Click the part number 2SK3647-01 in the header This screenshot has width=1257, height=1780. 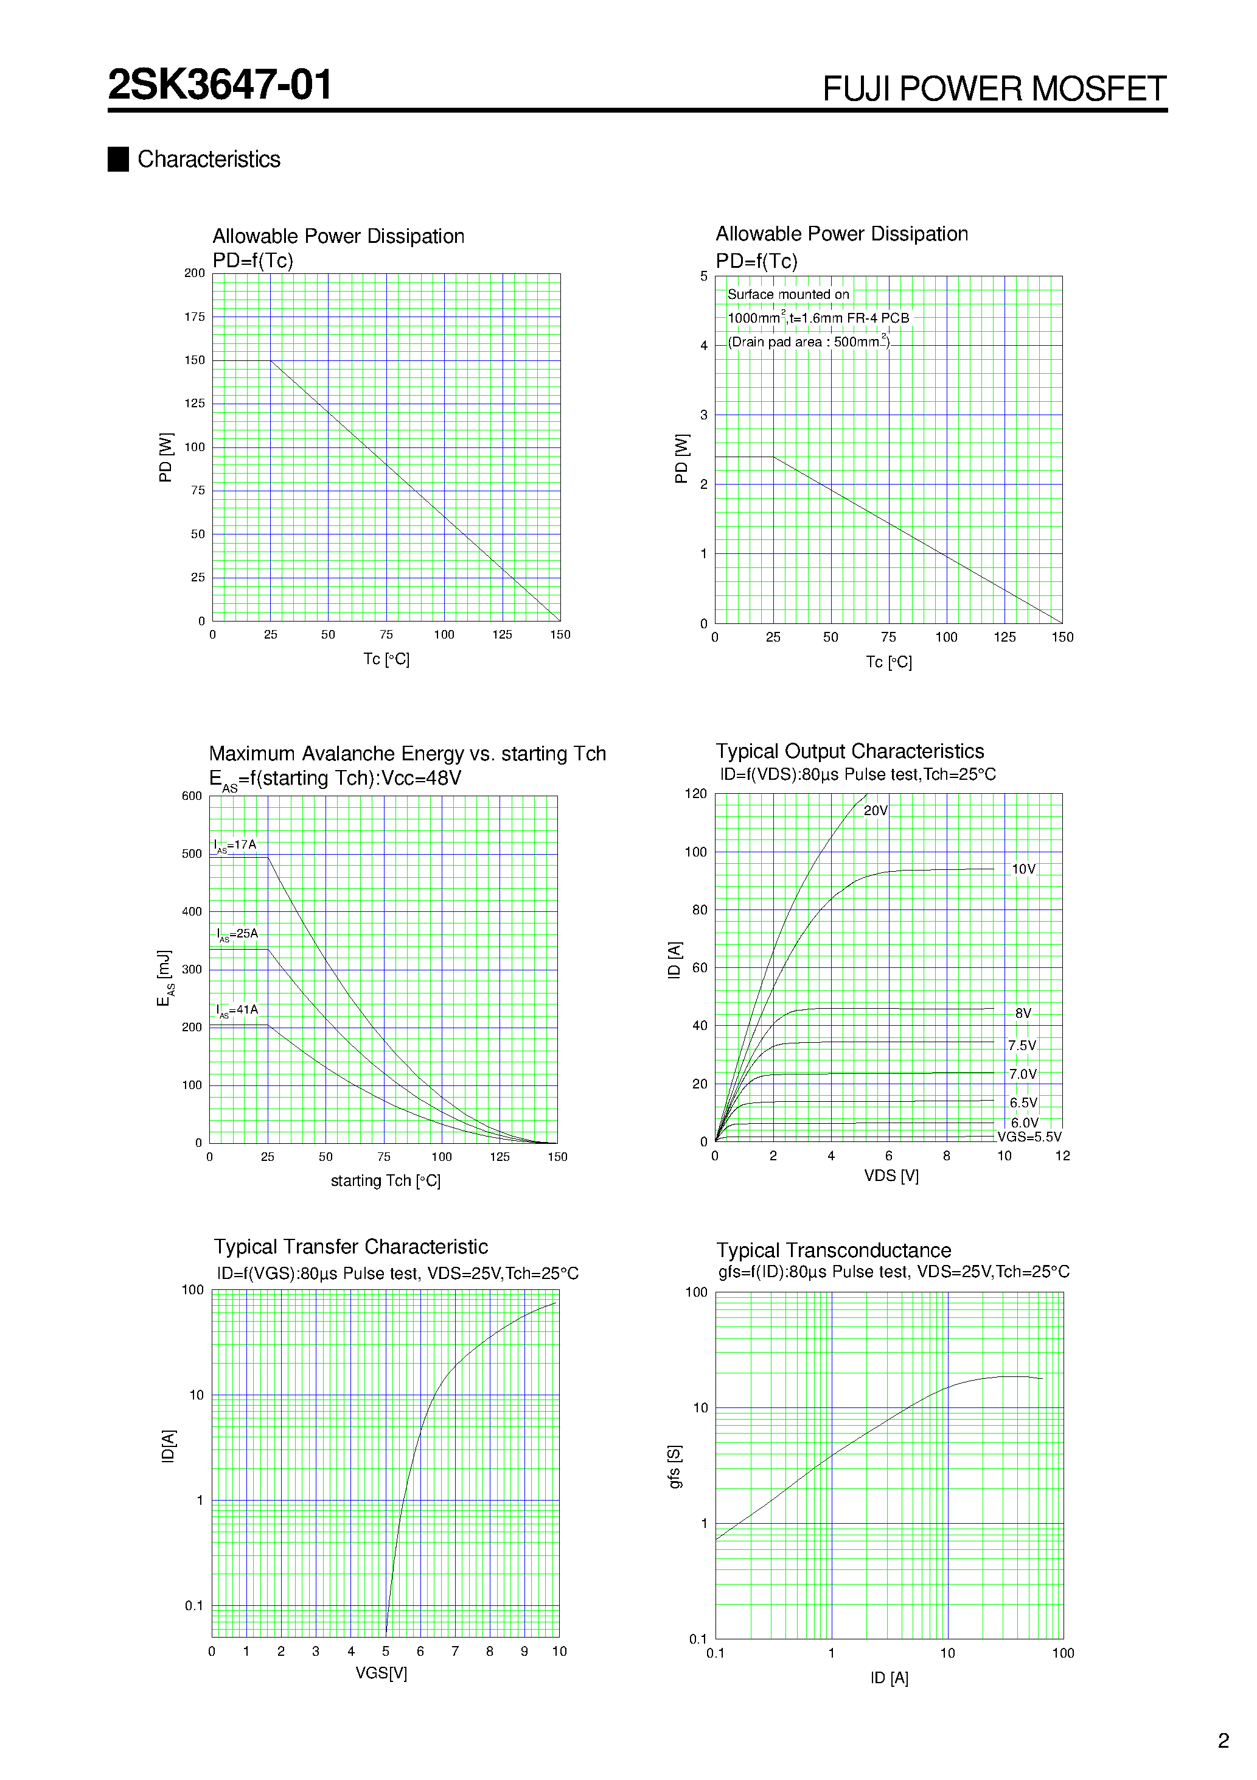[220, 85]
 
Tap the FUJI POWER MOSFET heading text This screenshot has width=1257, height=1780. [994, 89]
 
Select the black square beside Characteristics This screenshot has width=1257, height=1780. [118, 159]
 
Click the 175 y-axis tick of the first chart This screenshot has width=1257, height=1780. [195, 317]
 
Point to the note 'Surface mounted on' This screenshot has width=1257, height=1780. [787, 295]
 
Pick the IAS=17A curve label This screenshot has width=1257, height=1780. [235, 845]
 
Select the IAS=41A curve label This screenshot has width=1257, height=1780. [237, 1010]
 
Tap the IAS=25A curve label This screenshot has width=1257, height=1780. [237, 934]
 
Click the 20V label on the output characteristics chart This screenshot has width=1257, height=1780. [875, 811]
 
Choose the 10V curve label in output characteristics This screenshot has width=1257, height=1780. [1023, 869]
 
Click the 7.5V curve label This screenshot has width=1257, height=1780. [1022, 1046]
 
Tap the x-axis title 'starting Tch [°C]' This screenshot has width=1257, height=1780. [385, 1181]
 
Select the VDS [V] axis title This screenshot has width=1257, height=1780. [891, 1176]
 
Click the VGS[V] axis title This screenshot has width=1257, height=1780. [381, 1673]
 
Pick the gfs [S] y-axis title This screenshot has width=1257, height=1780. [675, 1466]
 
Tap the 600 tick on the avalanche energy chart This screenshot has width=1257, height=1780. [192, 796]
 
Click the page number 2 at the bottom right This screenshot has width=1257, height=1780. [1223, 1741]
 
